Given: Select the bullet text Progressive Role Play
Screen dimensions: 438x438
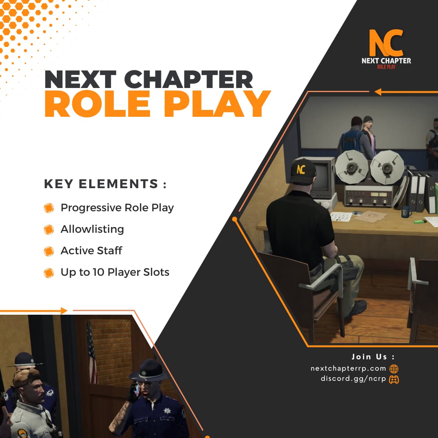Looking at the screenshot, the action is [x=117, y=208].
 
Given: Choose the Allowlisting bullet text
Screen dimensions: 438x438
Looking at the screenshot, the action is [x=92, y=229].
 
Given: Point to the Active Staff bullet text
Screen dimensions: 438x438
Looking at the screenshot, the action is [x=91, y=251].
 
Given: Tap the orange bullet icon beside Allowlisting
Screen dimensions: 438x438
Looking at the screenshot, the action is [x=49, y=230].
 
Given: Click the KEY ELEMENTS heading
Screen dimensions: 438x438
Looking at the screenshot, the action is [x=105, y=184].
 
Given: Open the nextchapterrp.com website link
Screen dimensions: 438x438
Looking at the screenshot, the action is [x=348, y=368].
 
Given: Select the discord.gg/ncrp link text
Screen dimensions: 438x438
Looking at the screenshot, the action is [x=353, y=379].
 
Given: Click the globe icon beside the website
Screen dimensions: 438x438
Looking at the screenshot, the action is [x=394, y=369].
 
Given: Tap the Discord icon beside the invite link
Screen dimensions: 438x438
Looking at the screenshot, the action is [x=394, y=379].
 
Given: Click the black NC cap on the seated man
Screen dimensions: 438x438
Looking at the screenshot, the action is [x=303, y=171].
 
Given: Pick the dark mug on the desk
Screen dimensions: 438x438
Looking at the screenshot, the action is [x=406, y=212].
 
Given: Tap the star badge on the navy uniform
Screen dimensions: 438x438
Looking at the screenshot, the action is [x=167, y=410].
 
